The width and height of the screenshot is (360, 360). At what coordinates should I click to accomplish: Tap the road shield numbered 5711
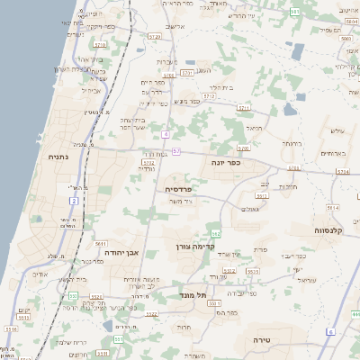243,107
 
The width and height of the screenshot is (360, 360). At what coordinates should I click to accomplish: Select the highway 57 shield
176,151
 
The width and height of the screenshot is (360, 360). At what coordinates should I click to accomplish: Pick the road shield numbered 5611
100,243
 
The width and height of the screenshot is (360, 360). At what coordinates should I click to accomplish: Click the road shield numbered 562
216,233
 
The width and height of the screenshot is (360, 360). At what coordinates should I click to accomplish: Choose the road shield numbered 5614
293,167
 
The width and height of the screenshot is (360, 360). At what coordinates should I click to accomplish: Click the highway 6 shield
330,332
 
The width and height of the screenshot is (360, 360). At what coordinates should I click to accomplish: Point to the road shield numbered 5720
155,37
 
